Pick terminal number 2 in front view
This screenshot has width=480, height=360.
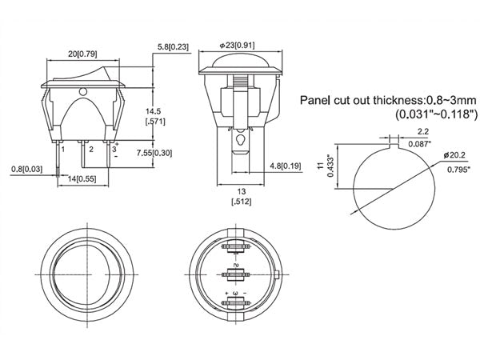click(x=90, y=149)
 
